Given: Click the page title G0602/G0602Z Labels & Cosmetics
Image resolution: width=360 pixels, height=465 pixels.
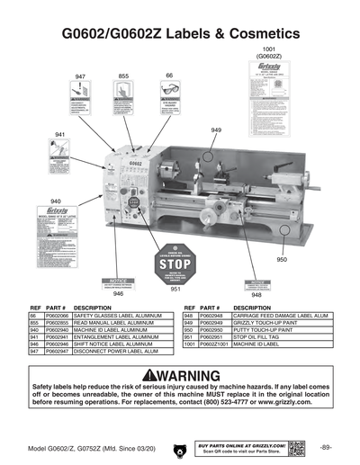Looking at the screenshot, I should click(179, 33).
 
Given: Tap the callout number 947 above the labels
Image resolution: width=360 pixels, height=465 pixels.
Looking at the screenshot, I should click(80, 77).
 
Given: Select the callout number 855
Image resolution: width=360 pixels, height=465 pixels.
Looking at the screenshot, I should click(123, 76).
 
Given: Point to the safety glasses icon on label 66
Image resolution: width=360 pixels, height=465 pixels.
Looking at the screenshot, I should click(168, 92).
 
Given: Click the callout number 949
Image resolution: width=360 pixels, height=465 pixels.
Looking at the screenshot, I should click(216, 130).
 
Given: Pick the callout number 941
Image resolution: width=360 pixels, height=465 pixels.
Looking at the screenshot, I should click(60, 134).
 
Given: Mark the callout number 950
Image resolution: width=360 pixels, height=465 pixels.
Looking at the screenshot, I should click(281, 260).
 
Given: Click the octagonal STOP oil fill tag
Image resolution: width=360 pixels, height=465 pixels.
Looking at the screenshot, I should click(175, 263).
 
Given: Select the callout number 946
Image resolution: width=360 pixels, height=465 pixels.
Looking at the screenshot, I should click(118, 293).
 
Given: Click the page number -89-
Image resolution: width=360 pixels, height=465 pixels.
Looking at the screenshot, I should click(325, 447).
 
